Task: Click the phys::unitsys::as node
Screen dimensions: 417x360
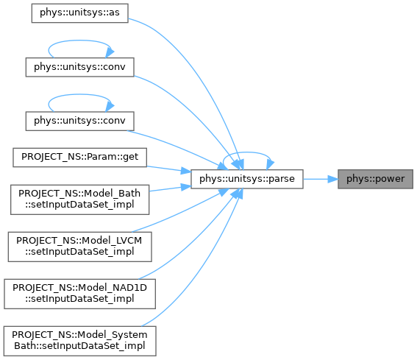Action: coord(79,13)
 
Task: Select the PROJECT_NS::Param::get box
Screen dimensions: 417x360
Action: coord(79,158)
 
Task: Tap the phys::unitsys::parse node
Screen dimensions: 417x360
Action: coord(247,179)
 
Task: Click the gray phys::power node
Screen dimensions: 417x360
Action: coord(376,179)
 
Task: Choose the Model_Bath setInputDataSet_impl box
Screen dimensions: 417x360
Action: coord(79,200)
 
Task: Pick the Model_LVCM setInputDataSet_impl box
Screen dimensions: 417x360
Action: coord(79,247)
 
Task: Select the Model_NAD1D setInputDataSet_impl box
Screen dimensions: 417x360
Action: coord(79,294)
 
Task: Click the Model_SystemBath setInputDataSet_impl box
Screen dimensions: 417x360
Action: coord(79,341)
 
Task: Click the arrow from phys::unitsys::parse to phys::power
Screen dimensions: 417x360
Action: coord(321,179)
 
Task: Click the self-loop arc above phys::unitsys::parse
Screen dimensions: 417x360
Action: coord(247,152)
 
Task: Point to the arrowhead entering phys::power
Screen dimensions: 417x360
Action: coord(333,179)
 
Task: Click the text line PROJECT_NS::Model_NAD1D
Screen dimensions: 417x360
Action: coord(79,288)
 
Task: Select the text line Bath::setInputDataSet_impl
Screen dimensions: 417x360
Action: coord(79,346)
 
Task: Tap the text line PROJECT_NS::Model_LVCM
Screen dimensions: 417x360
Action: coord(79,241)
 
